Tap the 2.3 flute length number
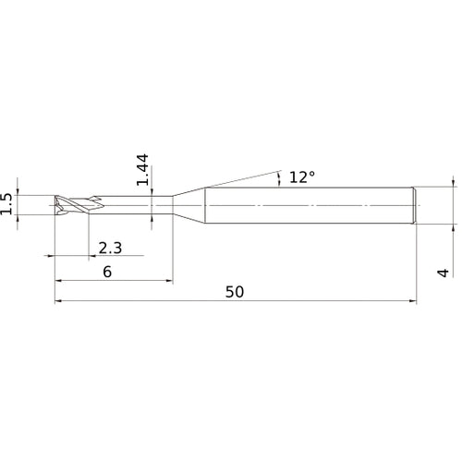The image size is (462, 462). [109, 248]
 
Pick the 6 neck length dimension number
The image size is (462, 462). [107, 272]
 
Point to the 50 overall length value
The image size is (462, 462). [235, 292]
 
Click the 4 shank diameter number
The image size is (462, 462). [444, 272]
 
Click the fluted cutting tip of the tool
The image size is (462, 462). [70, 204]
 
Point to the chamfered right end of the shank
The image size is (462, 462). [415, 204]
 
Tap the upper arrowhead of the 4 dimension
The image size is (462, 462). [453, 183]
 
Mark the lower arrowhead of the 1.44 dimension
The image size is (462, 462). [151, 216]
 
